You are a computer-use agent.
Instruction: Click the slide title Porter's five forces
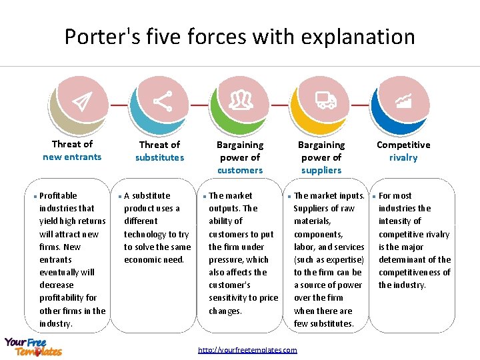pos(239,36)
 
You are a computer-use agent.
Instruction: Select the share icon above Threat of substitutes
pos(162,101)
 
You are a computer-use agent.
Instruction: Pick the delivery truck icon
pos(325,101)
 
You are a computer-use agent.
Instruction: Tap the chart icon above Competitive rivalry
pos(403,101)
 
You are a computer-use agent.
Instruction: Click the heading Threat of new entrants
pos(72,151)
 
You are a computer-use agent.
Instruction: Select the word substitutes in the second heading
pos(159,157)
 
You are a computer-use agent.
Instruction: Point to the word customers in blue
pos(240,170)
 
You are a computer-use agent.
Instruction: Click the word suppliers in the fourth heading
pos(321,170)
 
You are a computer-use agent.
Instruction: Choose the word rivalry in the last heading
pos(403,157)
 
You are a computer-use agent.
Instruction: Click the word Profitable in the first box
pos(58,195)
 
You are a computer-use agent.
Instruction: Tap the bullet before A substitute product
pos(119,197)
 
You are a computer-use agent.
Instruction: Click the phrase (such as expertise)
pos(329,259)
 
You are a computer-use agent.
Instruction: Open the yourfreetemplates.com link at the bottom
pos(247,350)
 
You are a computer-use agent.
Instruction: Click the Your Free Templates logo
pos(33,346)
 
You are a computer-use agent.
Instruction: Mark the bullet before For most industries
pos(374,197)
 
